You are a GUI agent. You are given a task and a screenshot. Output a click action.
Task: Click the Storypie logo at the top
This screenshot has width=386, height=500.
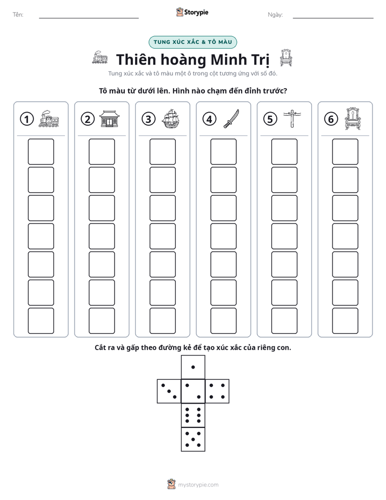pyautogui.click(x=192, y=12)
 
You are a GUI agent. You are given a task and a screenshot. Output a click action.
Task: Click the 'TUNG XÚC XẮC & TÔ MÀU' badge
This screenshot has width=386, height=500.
pyautogui.click(x=192, y=42)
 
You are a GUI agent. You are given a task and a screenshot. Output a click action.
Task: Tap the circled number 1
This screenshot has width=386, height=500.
pyautogui.click(x=26, y=119)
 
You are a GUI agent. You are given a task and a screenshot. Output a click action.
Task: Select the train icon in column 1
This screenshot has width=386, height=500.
pyautogui.click(x=49, y=119)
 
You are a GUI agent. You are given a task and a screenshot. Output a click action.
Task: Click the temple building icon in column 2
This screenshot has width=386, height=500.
pyautogui.click(x=110, y=119)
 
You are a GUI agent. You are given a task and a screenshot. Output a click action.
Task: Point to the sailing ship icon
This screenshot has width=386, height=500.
pyautogui.click(x=171, y=119)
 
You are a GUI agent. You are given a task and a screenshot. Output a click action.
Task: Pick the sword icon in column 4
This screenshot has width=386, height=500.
pyautogui.click(x=231, y=119)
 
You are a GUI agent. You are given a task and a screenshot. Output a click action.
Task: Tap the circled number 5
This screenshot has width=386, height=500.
pyautogui.click(x=270, y=119)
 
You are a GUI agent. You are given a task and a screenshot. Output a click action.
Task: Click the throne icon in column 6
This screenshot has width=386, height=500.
pyautogui.click(x=353, y=119)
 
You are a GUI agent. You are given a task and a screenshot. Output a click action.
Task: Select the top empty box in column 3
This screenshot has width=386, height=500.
pyautogui.click(x=162, y=152)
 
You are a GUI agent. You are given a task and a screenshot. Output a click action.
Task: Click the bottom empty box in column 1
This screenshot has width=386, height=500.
pyautogui.click(x=41, y=321)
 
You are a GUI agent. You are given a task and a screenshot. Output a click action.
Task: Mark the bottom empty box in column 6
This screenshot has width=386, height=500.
pyautogui.click(x=345, y=321)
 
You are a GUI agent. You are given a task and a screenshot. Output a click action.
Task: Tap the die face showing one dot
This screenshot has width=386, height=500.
pyautogui.click(x=193, y=367)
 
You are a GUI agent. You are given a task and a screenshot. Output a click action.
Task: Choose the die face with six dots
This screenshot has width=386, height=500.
pyautogui.click(x=193, y=415)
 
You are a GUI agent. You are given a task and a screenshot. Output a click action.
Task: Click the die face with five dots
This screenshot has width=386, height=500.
pyautogui.click(x=193, y=439)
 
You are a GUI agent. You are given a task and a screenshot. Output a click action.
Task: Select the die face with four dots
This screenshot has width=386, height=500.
pyautogui.click(x=217, y=391)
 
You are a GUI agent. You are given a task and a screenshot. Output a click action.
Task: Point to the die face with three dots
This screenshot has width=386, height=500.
pyautogui.click(x=169, y=391)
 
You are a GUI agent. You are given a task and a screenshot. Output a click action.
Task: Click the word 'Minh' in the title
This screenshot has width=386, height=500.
pyautogui.click(x=229, y=60)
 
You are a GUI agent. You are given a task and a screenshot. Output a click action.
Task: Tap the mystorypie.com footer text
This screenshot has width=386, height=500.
pyautogui.click(x=198, y=485)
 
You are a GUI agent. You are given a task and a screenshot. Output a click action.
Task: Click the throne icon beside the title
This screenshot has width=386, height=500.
pyautogui.click(x=285, y=58)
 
